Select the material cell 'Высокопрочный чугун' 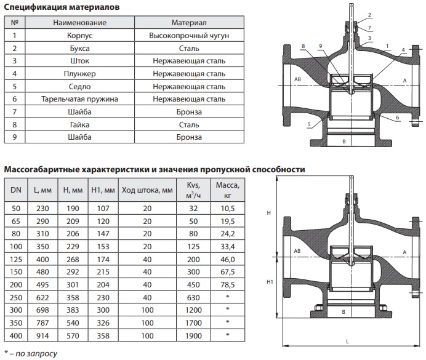(x=189, y=36)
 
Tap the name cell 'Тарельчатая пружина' (x=80, y=98)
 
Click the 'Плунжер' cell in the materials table (x=80, y=73)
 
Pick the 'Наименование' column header (x=80, y=23)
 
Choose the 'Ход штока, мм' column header (x=147, y=190)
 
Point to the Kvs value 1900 (x=194, y=335)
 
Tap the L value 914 (x=41, y=335)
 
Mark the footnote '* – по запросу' (x=31, y=354)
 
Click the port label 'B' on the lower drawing (x=345, y=311)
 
